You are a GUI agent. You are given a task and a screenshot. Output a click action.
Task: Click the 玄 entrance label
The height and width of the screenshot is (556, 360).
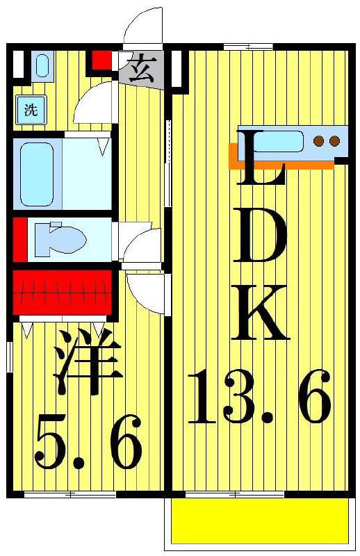click(141, 68)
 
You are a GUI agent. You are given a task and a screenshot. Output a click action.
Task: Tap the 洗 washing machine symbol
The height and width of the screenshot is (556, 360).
click(31, 110)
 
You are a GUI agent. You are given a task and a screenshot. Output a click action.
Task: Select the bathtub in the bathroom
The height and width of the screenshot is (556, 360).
click(37, 174)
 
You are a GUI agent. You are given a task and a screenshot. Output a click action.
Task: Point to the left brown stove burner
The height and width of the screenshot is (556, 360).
click(319, 141)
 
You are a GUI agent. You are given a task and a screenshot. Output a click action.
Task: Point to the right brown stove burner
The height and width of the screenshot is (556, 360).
click(334, 141)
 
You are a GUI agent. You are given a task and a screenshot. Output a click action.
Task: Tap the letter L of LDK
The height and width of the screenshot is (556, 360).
click(261, 157)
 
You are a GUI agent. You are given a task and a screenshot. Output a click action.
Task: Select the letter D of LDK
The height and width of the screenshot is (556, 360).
click(260, 235)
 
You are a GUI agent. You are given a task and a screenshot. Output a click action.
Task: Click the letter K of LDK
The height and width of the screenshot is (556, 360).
click(260, 312)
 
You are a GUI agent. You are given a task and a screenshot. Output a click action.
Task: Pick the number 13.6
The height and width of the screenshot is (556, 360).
click(260, 397)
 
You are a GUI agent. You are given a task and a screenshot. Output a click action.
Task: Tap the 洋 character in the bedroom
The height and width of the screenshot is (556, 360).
click(88, 361)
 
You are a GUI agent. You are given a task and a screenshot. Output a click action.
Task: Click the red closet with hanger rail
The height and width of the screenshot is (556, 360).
click(63, 293)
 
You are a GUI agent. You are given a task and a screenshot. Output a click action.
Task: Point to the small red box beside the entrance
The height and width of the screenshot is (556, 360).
click(101, 60)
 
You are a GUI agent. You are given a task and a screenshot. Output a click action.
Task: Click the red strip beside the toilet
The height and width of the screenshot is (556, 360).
click(20, 239)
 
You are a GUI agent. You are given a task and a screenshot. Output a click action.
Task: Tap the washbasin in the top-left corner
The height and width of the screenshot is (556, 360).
click(42, 66)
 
